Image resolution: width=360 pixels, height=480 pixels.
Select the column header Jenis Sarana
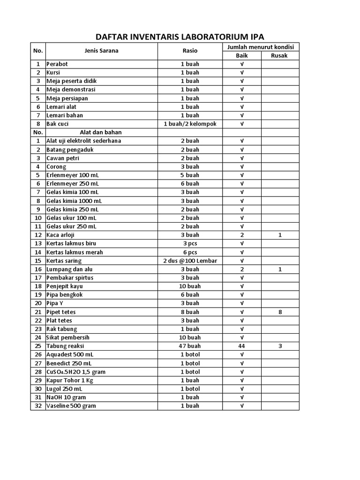(101, 51)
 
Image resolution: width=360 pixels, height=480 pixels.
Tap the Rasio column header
(190, 51)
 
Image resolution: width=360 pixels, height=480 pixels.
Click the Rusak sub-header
(280, 55)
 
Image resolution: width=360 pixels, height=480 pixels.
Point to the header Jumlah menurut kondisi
(261, 47)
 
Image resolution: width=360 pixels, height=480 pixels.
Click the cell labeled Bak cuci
(58, 124)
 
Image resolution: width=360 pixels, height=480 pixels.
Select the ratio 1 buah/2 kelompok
(190, 124)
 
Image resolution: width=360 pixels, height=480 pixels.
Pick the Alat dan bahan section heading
(101, 132)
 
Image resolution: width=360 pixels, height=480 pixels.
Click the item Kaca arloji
(60, 235)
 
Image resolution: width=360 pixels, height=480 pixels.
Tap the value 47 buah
(190, 346)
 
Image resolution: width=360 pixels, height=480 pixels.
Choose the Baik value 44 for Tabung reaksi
(242, 346)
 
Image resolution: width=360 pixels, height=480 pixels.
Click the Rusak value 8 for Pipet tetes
(280, 312)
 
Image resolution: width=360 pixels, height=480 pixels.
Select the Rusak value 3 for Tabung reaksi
(280, 346)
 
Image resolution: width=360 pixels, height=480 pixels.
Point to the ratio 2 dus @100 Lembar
(190, 261)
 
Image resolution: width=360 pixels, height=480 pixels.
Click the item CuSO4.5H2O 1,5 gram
(75, 372)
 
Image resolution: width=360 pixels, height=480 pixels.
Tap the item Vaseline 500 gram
(71, 406)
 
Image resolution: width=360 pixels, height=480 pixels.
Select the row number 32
(38, 406)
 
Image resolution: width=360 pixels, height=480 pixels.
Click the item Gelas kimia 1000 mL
(74, 201)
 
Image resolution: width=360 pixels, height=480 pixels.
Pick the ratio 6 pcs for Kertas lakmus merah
(190, 252)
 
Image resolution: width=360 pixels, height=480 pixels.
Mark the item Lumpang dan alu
(68, 269)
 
